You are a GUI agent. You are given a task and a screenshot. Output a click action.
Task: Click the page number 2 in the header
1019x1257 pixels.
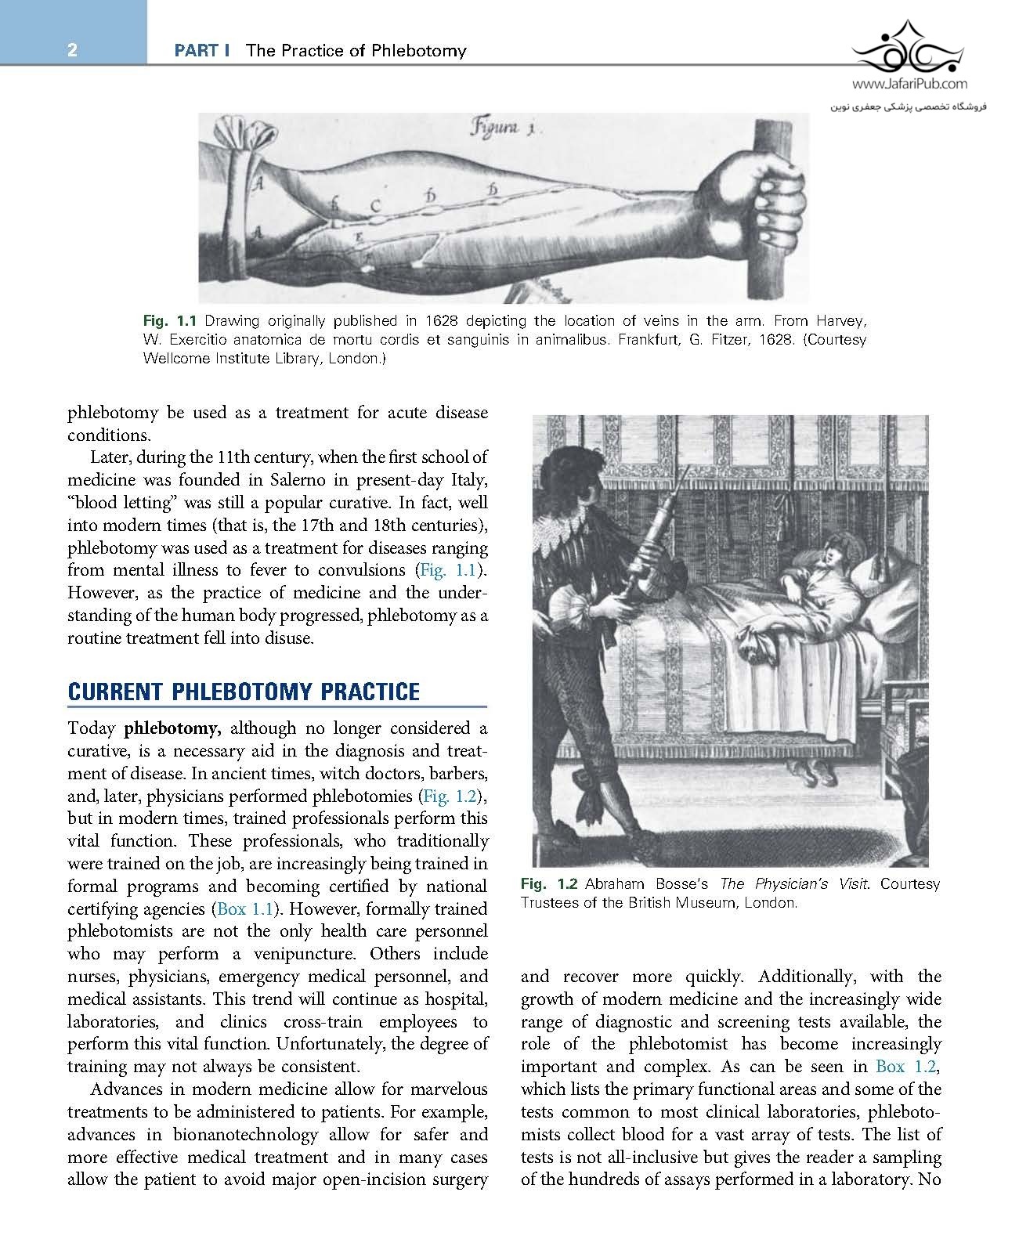pyautogui.click(x=72, y=51)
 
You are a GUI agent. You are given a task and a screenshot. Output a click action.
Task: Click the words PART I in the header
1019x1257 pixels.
pyautogui.click(x=201, y=51)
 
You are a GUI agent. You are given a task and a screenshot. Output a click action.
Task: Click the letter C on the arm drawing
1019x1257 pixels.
pyautogui.click(x=375, y=206)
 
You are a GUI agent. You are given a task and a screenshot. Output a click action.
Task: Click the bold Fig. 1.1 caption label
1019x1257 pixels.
pyautogui.click(x=170, y=321)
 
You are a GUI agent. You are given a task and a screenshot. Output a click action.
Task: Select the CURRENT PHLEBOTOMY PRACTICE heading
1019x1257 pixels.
pyautogui.click(x=244, y=692)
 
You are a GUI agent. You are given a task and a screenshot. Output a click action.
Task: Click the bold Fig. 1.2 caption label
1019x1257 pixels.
pyautogui.click(x=549, y=884)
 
